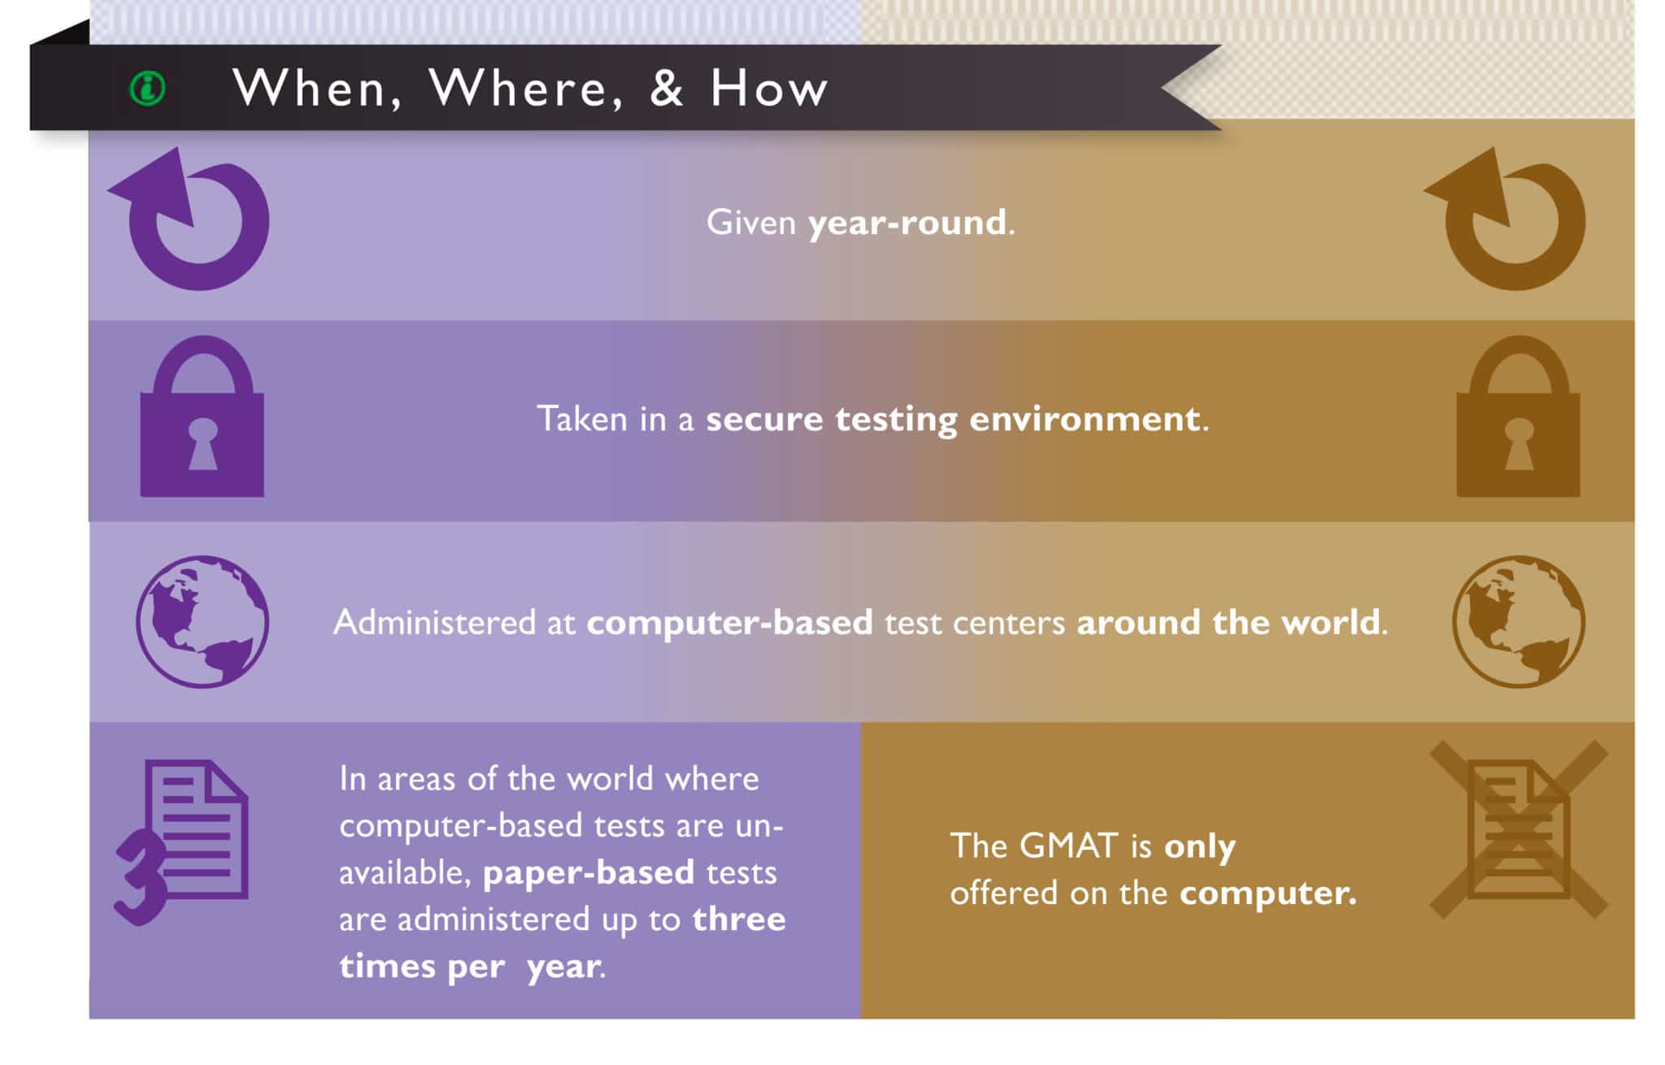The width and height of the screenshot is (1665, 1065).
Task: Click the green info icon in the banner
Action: pos(148,88)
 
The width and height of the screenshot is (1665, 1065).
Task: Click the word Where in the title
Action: pos(525,88)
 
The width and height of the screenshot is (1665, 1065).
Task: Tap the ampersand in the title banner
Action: pos(667,88)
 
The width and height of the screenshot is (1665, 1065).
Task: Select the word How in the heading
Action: pos(769,88)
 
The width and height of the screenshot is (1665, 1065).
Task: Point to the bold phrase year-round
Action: pos(907,223)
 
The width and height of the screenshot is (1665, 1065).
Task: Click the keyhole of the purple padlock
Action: pos(202,443)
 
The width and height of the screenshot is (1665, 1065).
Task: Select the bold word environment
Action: pos(1085,419)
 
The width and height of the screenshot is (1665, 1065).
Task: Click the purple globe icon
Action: pos(202,622)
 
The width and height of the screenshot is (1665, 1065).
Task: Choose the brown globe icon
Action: pos(1518,622)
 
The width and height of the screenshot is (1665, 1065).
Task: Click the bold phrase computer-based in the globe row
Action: pos(729,623)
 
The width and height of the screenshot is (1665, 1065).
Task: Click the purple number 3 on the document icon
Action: pos(140,878)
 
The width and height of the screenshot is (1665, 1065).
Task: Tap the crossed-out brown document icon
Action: pos(1518,829)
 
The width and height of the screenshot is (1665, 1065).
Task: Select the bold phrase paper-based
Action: pos(589,872)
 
